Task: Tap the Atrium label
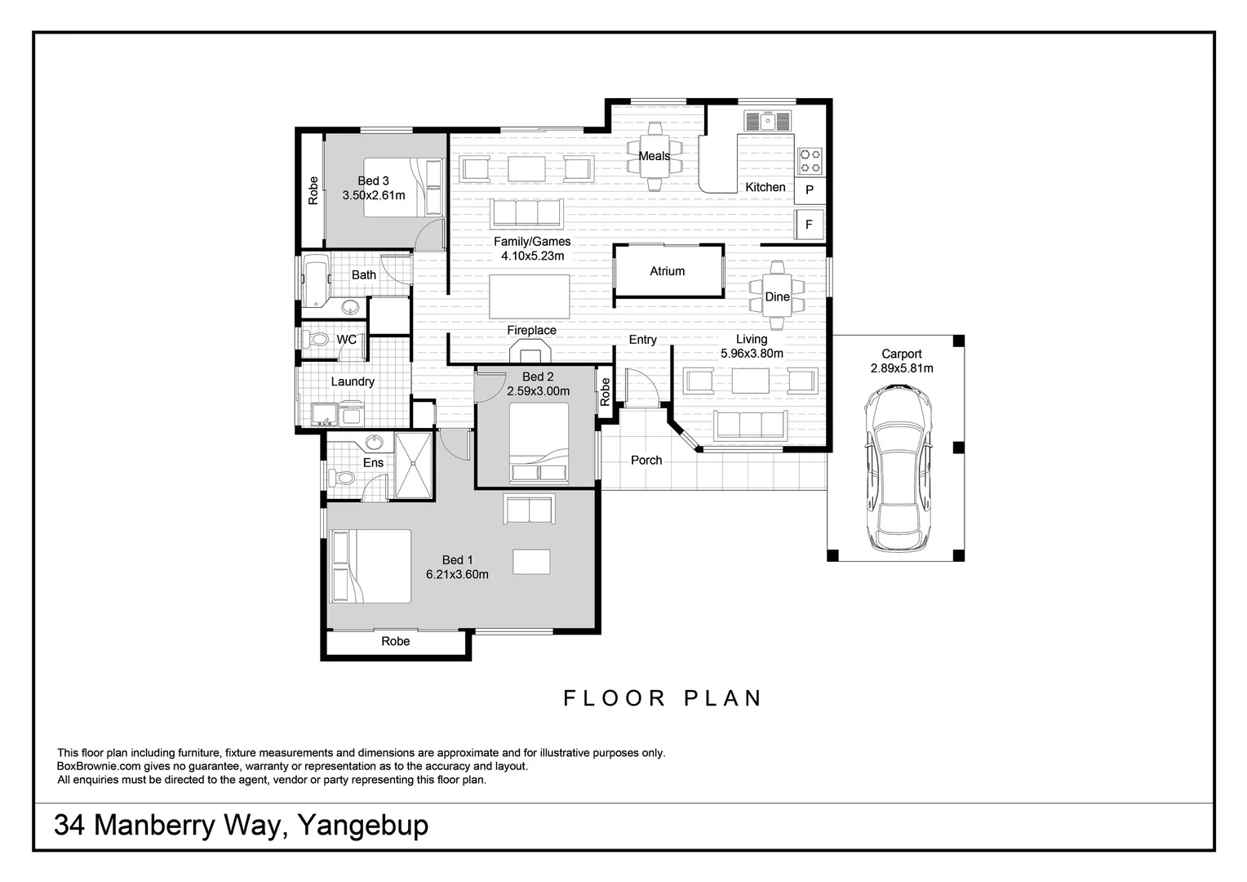(667, 271)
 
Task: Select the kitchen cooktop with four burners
(810, 161)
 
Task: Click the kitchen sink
(767, 122)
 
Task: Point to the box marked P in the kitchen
(810, 189)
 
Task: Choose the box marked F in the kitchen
(810, 224)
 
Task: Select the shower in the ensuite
(415, 464)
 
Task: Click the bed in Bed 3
(402, 188)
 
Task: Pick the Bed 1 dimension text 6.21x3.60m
(457, 574)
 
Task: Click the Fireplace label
(531, 330)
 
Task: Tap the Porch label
(646, 460)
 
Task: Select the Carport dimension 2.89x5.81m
(902, 368)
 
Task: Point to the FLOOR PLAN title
(663, 698)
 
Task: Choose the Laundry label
(353, 381)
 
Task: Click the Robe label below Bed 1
(396, 641)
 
